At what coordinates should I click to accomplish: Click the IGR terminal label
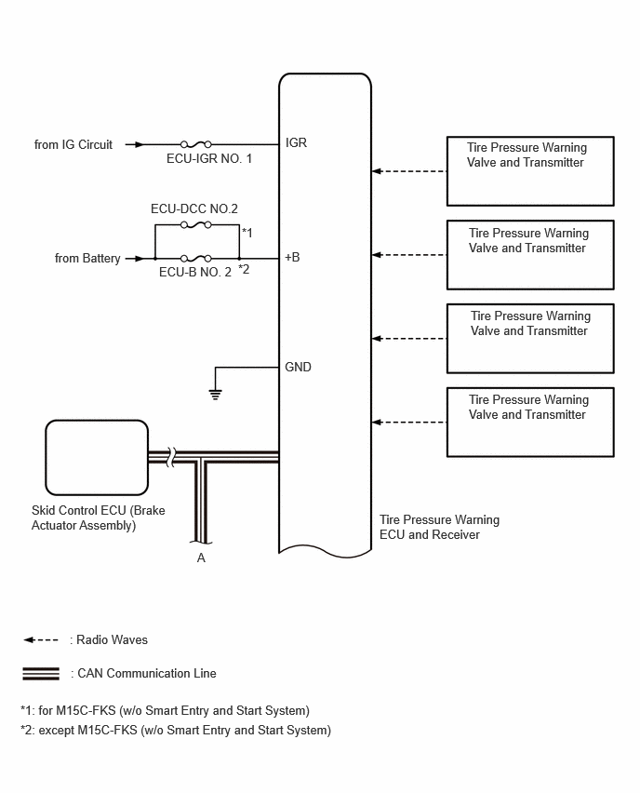click(296, 143)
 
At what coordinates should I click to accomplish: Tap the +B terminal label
click(292, 258)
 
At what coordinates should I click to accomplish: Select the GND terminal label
click(298, 367)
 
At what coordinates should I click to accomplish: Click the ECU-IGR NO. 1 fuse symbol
click(196, 144)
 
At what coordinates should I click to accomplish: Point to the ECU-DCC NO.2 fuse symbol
click(196, 224)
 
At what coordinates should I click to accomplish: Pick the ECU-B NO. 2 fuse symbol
click(196, 259)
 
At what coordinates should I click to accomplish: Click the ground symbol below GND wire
click(216, 395)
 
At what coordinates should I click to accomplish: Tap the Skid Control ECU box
click(97, 458)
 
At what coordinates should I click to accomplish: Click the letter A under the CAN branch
click(201, 558)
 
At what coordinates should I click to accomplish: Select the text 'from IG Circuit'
click(73, 144)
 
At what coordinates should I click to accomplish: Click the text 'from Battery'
click(87, 259)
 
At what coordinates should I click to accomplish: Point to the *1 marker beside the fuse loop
click(247, 233)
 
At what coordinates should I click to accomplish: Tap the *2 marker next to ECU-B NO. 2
click(244, 269)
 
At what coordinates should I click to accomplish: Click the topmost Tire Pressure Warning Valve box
click(530, 171)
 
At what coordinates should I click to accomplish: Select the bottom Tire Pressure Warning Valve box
click(530, 423)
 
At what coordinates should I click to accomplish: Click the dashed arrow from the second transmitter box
click(409, 255)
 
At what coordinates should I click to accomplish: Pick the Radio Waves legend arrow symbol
click(41, 639)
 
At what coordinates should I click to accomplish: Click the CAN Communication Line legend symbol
click(41, 674)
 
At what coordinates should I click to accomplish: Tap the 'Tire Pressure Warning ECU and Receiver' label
click(439, 527)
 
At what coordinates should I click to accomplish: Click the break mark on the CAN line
click(171, 457)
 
